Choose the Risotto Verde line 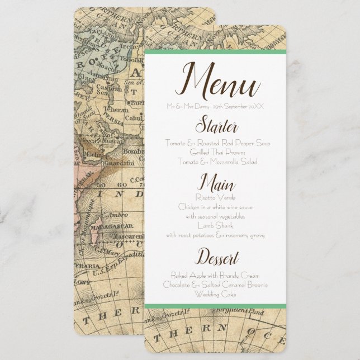click(x=215, y=197)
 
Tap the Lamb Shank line click(x=215, y=226)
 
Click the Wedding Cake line click(x=215, y=293)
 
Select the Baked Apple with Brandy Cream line click(x=215, y=275)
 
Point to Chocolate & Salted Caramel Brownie click(x=215, y=285)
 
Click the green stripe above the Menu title click(x=215, y=52)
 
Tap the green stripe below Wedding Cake click(x=215, y=305)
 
